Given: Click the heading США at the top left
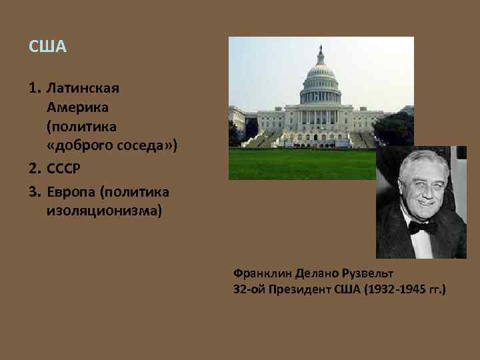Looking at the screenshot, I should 48,48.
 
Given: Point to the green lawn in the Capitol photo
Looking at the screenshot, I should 300,163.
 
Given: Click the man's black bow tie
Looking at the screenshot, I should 423,227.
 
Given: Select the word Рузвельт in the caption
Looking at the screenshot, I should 366,273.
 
